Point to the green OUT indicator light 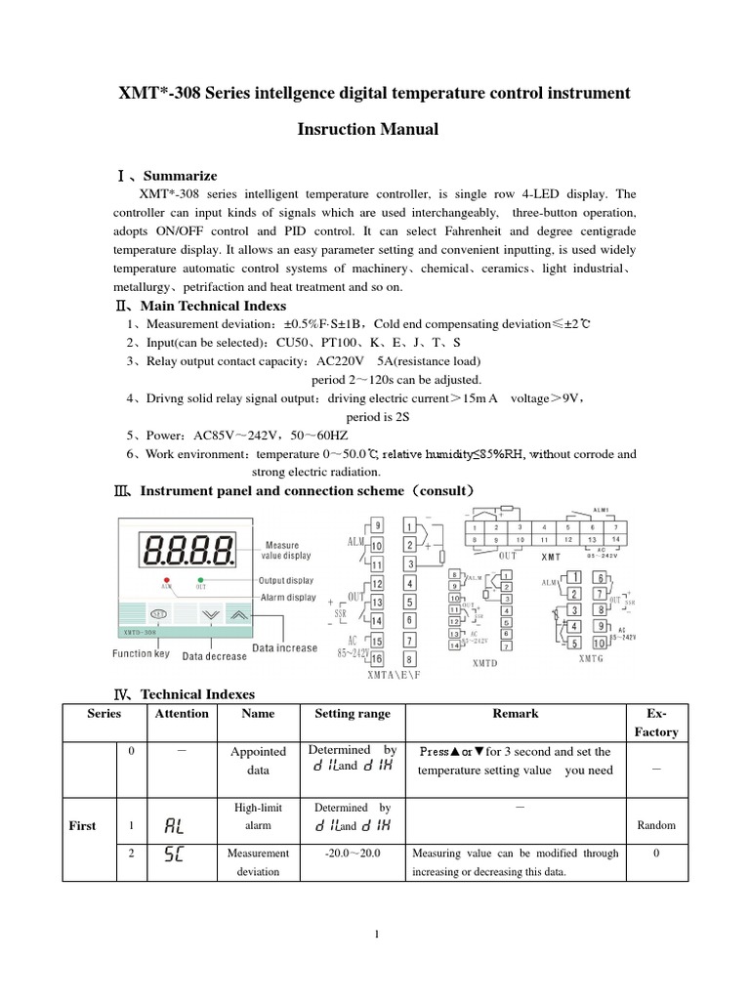(x=200, y=580)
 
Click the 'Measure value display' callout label (x=288, y=550)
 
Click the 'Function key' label (x=141, y=653)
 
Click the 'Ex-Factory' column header (x=655, y=722)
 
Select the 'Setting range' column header (x=352, y=714)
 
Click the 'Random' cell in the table (x=656, y=825)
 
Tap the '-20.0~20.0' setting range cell (x=352, y=853)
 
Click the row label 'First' (x=82, y=825)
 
